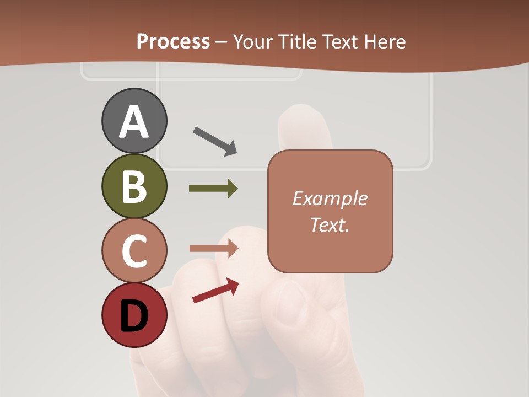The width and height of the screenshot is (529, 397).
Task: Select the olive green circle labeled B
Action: pyautogui.click(x=134, y=186)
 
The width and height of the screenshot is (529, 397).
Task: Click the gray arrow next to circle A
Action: pyautogui.click(x=215, y=141)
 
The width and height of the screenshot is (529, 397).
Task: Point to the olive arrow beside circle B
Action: pyautogui.click(x=213, y=189)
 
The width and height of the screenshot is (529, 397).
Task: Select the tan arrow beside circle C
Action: pyautogui.click(x=213, y=248)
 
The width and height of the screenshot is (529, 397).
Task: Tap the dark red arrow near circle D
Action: pyautogui.click(x=215, y=291)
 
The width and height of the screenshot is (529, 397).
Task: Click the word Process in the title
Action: pyautogui.click(x=173, y=41)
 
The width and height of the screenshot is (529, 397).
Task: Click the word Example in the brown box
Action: pyautogui.click(x=330, y=198)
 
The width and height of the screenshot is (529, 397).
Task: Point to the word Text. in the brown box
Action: pyautogui.click(x=330, y=225)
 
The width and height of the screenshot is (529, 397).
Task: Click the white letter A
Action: pyautogui.click(x=134, y=122)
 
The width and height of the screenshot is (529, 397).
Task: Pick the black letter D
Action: pyautogui.click(x=134, y=316)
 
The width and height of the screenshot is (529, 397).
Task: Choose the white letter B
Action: pyautogui.click(x=134, y=186)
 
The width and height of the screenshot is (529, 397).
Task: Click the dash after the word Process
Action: pyautogui.click(x=221, y=41)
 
